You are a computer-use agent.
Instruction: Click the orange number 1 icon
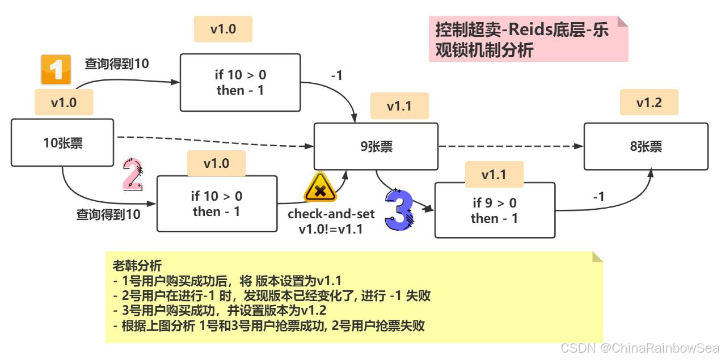click(56, 70)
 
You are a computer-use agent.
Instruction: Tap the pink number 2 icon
click(133, 174)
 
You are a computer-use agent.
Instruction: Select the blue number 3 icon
click(400, 209)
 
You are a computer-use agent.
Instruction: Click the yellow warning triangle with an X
click(321, 187)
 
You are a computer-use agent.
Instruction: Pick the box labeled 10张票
click(62, 142)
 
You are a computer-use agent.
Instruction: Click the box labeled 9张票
click(376, 146)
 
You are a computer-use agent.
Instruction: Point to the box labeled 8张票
click(646, 146)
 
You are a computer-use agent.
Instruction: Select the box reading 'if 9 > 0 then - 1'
click(495, 210)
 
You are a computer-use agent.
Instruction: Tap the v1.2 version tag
click(649, 102)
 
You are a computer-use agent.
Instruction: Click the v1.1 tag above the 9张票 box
click(399, 106)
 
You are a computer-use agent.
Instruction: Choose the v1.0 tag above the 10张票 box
click(64, 102)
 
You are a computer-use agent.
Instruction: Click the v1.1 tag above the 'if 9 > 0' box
click(495, 175)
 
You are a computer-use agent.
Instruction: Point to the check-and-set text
click(331, 214)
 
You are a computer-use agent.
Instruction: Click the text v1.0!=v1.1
click(331, 230)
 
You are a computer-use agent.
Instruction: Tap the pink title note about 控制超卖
click(528, 39)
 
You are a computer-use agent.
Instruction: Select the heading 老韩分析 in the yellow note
click(137, 265)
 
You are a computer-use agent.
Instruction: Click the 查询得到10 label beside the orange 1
click(117, 63)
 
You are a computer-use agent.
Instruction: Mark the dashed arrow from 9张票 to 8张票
click(511, 146)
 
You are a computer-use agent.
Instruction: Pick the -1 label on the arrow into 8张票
click(598, 197)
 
